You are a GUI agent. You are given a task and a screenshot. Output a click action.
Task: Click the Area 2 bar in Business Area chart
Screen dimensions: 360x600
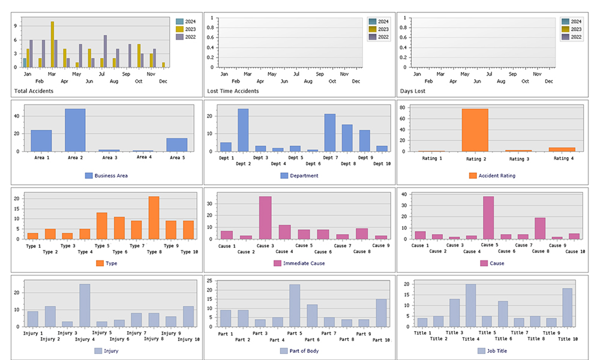point(75,130)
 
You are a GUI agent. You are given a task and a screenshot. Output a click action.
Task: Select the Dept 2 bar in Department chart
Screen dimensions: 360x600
point(243,130)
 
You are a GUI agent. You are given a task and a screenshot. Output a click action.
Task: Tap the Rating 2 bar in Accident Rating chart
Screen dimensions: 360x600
point(475,130)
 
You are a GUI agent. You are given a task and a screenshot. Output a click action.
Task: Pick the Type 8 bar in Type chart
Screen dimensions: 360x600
point(154,218)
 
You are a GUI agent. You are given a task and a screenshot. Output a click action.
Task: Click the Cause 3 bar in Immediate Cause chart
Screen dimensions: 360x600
point(265,218)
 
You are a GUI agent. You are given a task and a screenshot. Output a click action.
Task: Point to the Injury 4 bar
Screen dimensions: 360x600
point(85,306)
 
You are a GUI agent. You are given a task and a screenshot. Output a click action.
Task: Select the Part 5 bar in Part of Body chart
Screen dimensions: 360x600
point(295,306)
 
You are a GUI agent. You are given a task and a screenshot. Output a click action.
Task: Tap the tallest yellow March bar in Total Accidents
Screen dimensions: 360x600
point(52,45)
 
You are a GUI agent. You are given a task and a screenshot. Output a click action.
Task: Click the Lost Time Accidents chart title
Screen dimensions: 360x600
point(233,91)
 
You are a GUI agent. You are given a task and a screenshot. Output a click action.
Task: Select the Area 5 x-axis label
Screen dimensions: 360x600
point(176,158)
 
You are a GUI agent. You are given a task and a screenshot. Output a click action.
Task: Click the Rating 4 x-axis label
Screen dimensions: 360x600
point(562,158)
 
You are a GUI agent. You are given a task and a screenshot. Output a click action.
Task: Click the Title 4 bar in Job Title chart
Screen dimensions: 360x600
point(470,307)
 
